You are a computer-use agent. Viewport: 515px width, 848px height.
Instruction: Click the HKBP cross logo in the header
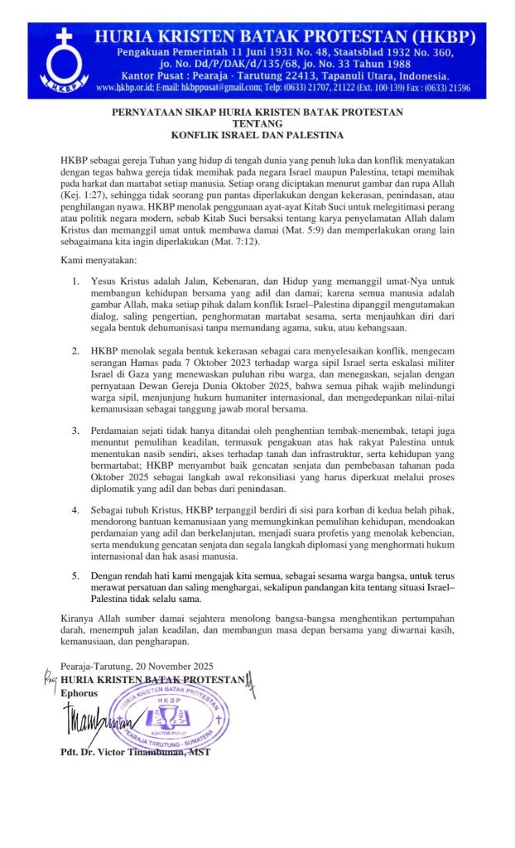point(58,58)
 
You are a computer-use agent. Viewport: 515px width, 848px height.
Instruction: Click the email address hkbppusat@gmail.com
point(205,87)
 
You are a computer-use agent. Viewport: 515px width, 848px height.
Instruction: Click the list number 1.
point(75,281)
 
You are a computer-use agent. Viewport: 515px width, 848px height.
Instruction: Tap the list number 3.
point(75,431)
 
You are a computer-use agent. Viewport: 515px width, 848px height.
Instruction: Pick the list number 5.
point(75,574)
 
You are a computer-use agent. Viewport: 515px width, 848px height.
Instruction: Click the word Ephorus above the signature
point(79,691)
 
